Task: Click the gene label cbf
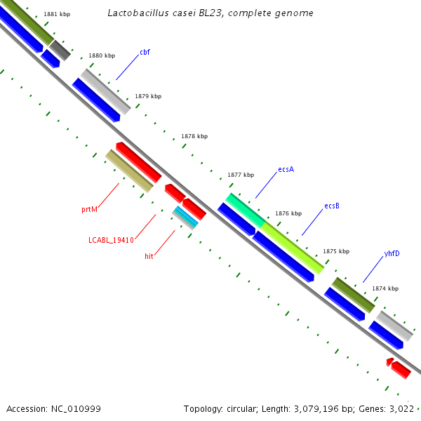(145, 52)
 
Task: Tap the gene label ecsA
(286, 169)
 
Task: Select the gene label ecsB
(332, 206)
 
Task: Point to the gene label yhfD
(392, 253)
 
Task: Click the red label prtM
(89, 209)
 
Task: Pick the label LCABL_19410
(111, 240)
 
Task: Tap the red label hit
(149, 257)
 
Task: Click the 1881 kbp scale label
(57, 14)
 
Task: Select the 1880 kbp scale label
(102, 55)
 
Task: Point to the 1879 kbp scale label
(148, 96)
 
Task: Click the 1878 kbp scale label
(194, 136)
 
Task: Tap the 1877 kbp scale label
(241, 175)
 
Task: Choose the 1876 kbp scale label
(288, 213)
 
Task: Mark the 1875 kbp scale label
(336, 251)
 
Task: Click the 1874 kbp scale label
(385, 288)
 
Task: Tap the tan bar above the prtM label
(129, 171)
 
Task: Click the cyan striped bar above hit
(185, 218)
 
